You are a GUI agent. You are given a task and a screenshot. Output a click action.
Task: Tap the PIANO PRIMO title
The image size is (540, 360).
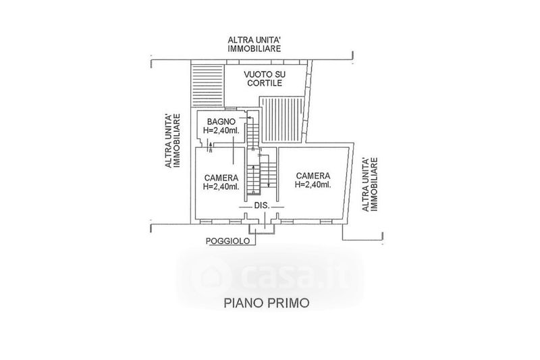[266, 303]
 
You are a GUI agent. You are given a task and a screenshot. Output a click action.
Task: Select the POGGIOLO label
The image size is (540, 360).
[226, 241]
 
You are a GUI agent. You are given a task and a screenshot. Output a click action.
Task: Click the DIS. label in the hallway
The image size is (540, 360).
[262, 205]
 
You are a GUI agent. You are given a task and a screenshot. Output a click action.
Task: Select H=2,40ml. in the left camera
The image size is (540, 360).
[221, 186]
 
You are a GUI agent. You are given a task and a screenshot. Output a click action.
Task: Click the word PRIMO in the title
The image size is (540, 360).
[288, 303]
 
